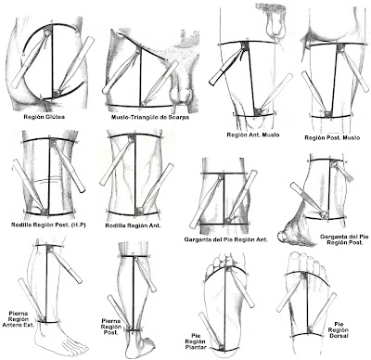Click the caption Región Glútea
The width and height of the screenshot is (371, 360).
coord(45,117)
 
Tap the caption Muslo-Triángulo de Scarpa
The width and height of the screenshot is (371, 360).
coord(150,117)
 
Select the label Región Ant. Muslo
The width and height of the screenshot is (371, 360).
coord(253,135)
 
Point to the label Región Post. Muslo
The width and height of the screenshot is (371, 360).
coord(332,137)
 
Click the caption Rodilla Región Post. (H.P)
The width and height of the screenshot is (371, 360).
coord(48,225)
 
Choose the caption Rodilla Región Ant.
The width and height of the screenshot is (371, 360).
coord(133,225)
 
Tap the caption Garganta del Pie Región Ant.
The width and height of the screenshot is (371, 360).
coord(226,239)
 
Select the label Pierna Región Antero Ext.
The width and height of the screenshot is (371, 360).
coord(19,319)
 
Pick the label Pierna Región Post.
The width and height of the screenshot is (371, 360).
coord(110,327)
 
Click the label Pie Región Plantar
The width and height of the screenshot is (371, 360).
coord(196,341)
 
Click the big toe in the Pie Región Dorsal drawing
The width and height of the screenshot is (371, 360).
coord(296,259)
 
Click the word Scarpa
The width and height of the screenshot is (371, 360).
coord(179,117)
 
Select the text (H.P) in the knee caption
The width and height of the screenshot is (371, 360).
coord(78,225)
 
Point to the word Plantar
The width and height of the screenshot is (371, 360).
coord(196,347)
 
